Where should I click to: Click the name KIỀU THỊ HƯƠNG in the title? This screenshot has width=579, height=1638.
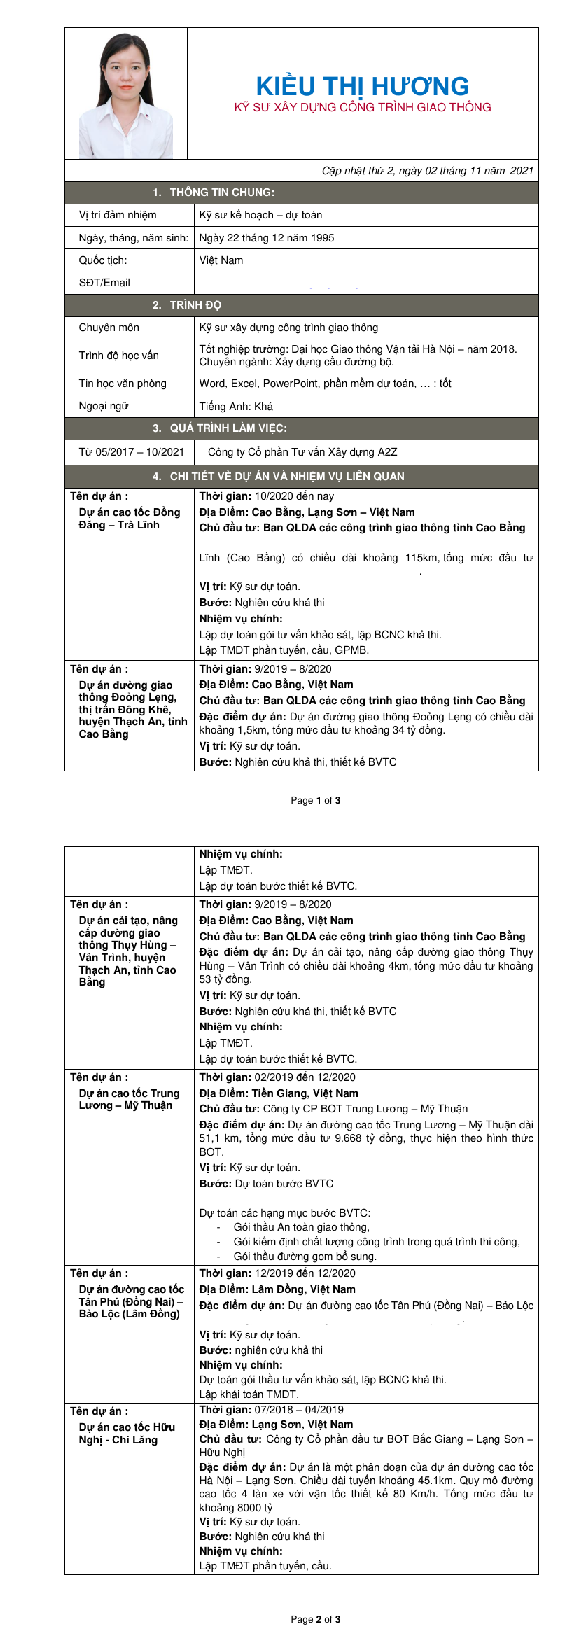(362, 86)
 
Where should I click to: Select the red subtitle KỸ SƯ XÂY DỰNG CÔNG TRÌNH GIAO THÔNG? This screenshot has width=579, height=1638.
(362, 107)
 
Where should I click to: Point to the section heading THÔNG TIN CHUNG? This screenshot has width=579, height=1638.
(221, 192)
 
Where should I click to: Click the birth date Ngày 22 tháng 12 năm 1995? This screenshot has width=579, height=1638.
(266, 238)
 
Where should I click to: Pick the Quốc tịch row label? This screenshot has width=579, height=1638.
(103, 260)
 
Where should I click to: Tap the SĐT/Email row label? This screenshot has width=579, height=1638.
(104, 283)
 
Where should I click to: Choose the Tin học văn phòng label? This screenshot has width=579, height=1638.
(123, 384)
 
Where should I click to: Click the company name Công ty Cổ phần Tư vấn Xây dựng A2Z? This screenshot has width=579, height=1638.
(302, 452)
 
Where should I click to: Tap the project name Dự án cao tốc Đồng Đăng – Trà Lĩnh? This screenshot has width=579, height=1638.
(130, 519)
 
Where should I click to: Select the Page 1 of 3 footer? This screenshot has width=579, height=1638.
(315, 800)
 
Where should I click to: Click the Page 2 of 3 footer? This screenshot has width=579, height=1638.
(315, 1619)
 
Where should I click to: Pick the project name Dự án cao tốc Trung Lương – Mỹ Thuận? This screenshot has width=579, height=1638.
(129, 1099)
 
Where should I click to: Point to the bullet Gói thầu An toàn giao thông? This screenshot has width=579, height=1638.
(301, 1227)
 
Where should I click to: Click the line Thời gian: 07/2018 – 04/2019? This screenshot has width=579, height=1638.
(271, 1410)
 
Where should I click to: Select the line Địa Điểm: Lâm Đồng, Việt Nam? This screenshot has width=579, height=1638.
(277, 1289)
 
